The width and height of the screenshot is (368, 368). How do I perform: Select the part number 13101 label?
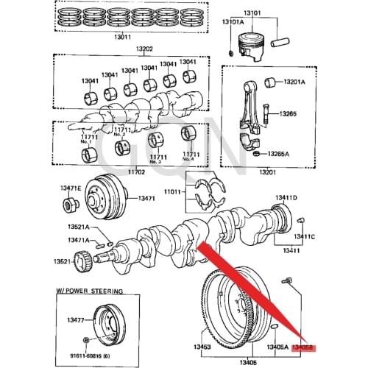pos(261,11)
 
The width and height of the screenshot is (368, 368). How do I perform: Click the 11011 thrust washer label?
pos(171,191)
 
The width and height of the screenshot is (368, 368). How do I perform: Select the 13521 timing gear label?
pos(62,261)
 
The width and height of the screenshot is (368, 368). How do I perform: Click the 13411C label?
pos(305,236)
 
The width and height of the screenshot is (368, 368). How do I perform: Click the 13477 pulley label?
pos(76,319)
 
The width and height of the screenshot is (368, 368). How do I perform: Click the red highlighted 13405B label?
pos(302,346)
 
